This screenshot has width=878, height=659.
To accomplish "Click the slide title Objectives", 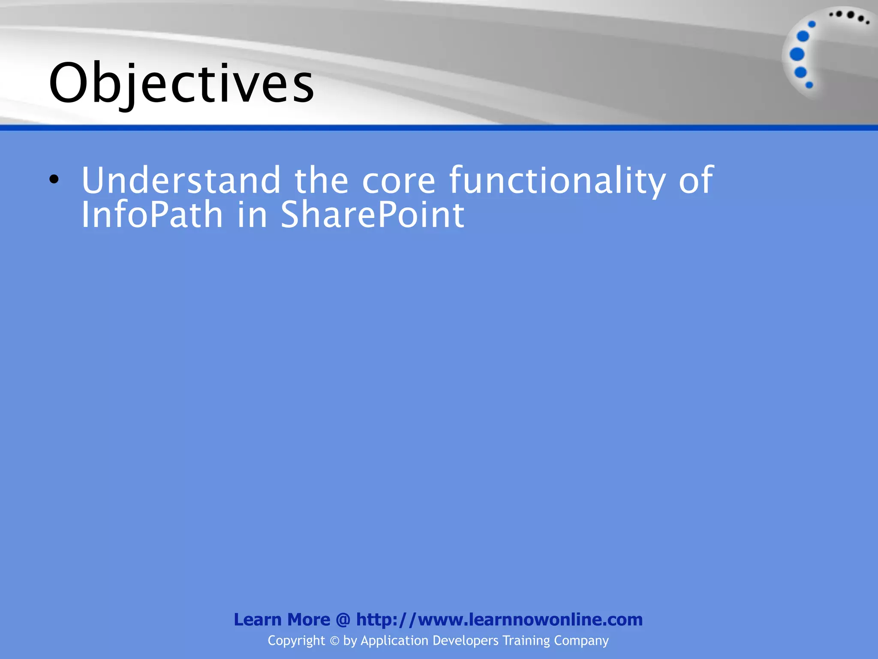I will (181, 84).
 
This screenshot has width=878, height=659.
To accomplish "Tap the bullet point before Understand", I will (54, 179).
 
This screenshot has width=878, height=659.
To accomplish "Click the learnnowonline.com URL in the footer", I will (499, 620).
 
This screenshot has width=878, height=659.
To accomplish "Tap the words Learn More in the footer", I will (282, 620).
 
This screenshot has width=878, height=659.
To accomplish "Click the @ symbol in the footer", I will (343, 620).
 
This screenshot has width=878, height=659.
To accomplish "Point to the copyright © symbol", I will (334, 641).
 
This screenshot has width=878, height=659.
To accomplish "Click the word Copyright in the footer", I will (296, 641).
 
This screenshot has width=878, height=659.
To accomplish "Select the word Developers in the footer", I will (466, 641).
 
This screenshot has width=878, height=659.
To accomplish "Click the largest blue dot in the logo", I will (797, 54).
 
